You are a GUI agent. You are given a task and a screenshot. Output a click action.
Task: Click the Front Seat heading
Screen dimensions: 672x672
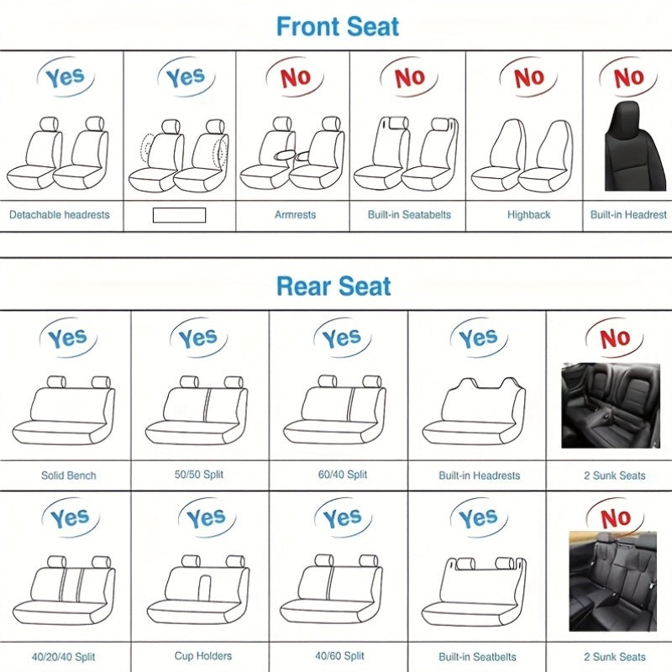click(x=338, y=26)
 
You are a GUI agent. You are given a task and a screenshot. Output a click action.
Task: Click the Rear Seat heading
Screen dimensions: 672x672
click(x=333, y=286)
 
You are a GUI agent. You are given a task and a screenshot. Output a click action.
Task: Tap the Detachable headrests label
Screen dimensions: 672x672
click(x=60, y=215)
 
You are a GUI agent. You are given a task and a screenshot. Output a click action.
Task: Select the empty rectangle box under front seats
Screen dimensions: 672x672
click(x=179, y=215)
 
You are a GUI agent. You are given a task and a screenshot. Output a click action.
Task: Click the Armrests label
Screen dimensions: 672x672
click(x=295, y=215)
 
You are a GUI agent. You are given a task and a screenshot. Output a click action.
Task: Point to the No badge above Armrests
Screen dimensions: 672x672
click(x=295, y=78)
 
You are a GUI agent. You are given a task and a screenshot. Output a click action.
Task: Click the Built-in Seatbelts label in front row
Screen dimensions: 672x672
click(x=409, y=215)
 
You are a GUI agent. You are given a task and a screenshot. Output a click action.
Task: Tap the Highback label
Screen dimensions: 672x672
click(x=528, y=215)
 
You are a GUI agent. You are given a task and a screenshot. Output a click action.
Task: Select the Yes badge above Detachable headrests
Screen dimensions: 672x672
click(x=65, y=78)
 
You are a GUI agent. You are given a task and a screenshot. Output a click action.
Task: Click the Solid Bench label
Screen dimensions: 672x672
click(x=69, y=475)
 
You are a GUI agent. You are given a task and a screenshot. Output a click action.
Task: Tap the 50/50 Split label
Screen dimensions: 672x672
click(x=199, y=475)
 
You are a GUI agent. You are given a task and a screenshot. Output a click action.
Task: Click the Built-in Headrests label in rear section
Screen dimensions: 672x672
click(x=479, y=475)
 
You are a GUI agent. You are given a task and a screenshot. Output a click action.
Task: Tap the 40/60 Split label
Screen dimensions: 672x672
click(x=340, y=657)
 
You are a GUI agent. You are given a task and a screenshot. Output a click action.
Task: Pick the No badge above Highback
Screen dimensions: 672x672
click(x=529, y=78)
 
